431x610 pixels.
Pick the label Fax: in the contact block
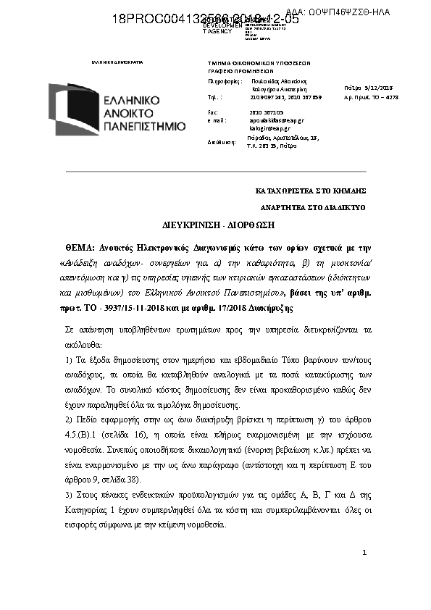(x=212, y=113)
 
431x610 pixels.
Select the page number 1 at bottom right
(x=364, y=553)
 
